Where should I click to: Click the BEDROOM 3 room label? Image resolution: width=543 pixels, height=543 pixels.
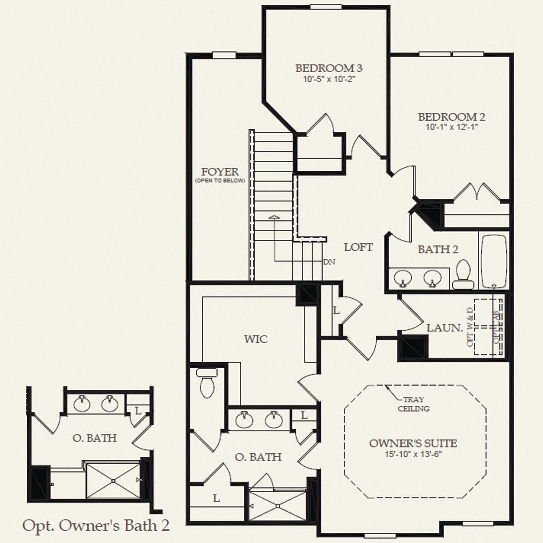328,68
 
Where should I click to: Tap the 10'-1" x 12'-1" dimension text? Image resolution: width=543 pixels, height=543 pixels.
451,127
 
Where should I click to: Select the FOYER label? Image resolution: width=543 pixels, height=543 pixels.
220,172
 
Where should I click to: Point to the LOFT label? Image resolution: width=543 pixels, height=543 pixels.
358,247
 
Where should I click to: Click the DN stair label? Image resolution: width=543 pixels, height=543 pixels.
329,262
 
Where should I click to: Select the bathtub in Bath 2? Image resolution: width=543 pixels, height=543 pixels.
494,261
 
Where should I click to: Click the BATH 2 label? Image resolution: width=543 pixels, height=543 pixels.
437,250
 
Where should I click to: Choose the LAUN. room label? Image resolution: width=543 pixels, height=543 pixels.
444,328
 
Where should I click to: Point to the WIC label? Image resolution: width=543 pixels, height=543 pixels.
256,339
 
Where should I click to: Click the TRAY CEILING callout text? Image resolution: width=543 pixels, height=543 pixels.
413,404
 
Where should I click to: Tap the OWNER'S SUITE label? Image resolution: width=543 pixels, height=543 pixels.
413,444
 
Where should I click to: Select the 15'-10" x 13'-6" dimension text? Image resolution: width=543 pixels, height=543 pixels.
413,454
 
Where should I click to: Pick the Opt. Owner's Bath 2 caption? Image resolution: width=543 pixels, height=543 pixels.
95,525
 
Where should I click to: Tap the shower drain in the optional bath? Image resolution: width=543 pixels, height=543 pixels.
113,481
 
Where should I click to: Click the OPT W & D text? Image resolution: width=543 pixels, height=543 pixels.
470,327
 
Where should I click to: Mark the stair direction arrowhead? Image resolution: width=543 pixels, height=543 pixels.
274,217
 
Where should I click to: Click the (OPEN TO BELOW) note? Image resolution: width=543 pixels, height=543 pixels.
220,181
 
